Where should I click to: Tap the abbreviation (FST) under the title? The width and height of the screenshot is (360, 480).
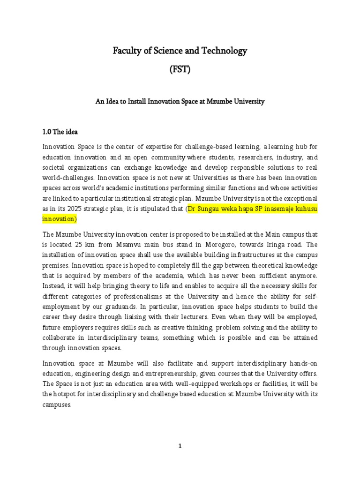[180, 70]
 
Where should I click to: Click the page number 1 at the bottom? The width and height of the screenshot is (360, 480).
[180, 446]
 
